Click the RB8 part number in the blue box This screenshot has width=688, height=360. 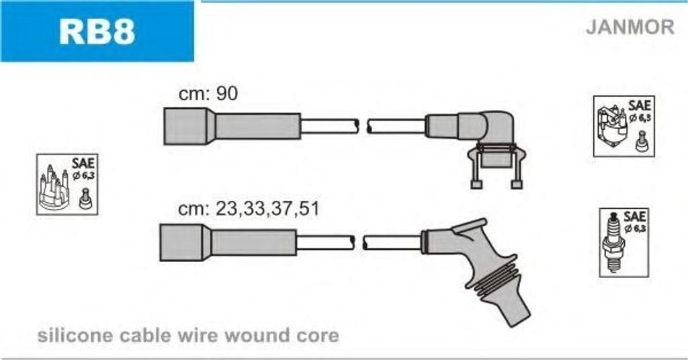click(97, 31)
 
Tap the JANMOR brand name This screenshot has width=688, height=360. click(630, 27)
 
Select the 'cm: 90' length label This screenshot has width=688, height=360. click(208, 94)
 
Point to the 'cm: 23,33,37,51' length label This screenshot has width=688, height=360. click(248, 209)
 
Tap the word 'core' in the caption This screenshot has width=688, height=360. click(316, 335)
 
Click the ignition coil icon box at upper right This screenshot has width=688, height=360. click(623, 127)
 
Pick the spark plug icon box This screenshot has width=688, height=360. click(623, 241)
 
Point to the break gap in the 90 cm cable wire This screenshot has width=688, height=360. click(363, 126)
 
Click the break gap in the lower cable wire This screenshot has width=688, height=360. click(358, 242)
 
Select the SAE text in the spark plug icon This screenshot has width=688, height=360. click(635, 217)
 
